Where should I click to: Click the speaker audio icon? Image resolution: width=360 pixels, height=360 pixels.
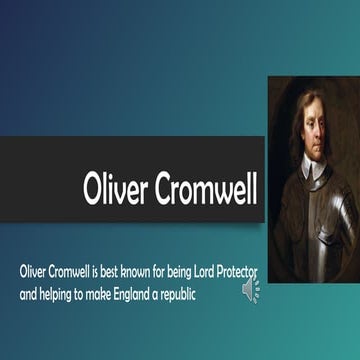click(250, 290)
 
